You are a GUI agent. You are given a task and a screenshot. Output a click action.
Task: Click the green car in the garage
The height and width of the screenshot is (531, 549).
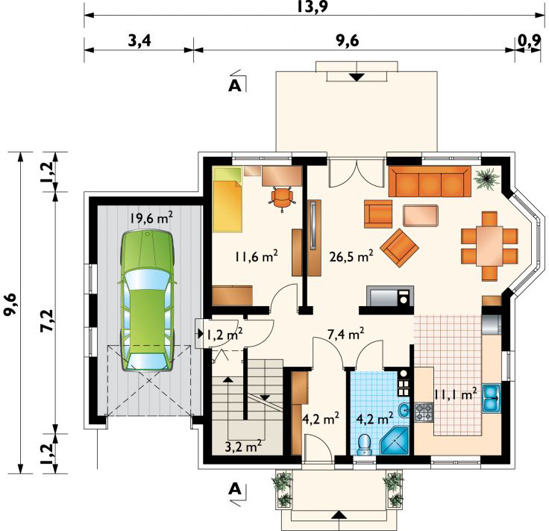coord(148,300)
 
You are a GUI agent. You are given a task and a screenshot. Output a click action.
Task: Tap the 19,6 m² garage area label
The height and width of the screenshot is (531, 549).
coord(151,217)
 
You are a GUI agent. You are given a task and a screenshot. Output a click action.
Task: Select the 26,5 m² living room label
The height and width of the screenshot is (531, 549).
coord(351,256)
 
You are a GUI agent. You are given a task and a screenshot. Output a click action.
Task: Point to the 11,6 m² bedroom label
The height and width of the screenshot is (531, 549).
coord(257,256)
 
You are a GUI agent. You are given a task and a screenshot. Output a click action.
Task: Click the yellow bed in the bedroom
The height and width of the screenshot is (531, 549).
coord(228,199)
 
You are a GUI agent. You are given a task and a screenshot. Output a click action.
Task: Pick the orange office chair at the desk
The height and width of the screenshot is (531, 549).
coord(282,198)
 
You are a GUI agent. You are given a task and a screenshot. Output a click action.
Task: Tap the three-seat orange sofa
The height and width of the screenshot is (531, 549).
coord(430,181)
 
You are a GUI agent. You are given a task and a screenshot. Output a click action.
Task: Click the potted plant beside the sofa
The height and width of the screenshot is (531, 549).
coord(486,178)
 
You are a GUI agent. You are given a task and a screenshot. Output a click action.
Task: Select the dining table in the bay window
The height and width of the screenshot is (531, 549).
coord(489,246)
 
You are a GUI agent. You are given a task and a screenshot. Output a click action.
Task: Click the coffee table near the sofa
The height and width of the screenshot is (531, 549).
coord(421,216)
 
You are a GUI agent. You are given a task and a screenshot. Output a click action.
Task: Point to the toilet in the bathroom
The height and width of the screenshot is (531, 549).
coord(365,444)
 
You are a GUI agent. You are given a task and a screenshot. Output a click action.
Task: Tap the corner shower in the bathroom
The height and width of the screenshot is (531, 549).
coord(395,441)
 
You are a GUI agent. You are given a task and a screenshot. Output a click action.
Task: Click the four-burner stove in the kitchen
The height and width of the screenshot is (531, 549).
coord(424,412)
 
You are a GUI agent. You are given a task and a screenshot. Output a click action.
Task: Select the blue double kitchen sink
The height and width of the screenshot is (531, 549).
coord(492,398)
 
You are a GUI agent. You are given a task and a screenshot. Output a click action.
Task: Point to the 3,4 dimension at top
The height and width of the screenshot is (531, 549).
coord(139,41)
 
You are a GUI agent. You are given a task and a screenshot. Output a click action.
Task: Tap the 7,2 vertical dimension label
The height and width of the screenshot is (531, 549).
coord(48,320)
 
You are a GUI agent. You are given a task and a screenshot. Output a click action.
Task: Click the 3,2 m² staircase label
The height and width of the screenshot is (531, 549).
coord(243,447)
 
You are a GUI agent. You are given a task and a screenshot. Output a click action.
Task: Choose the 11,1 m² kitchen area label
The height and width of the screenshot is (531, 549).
coord(455,394)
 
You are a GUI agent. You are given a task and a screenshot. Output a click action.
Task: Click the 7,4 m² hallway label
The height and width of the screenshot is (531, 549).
coord(346,334)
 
